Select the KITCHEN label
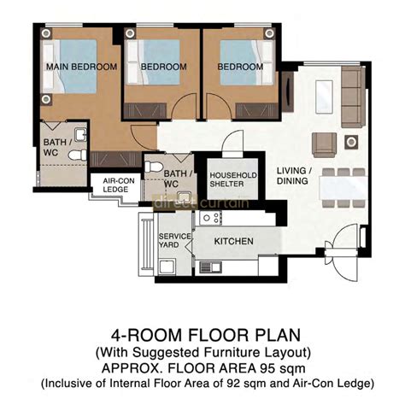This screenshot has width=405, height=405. tap(233, 242)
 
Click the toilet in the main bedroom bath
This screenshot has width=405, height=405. tap(76, 156)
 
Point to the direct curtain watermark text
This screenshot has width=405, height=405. tap(202, 203)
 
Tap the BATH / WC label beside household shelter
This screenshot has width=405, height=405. tap(171, 178)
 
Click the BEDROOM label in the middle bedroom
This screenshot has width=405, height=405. tap(163, 67)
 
